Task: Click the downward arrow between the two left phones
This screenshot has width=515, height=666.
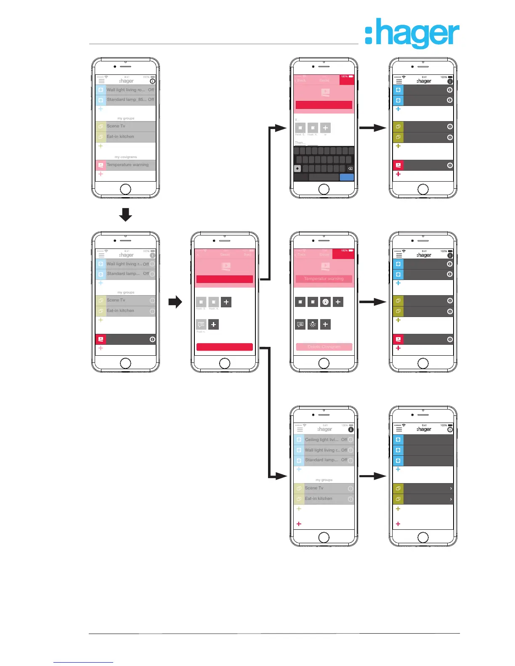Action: [125, 214]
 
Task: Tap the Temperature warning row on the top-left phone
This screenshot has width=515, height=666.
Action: [127, 165]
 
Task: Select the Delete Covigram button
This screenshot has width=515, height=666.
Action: [324, 347]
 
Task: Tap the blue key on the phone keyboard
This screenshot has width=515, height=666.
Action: [347, 177]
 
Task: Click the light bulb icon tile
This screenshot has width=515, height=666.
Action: [313, 325]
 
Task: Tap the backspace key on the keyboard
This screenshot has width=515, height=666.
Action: [350, 169]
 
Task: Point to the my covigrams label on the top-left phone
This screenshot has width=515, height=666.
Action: [126, 157]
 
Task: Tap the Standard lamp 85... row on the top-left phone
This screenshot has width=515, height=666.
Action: [127, 100]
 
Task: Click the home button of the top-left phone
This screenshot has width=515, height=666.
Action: [125, 189]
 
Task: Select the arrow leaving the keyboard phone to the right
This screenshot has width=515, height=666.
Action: [373, 128]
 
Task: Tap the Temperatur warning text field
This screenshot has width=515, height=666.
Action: [324, 279]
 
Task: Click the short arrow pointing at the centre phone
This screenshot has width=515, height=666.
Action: [175, 302]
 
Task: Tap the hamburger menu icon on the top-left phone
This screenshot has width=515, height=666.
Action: [101, 81]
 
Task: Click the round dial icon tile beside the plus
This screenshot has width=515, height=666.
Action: [325, 302]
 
